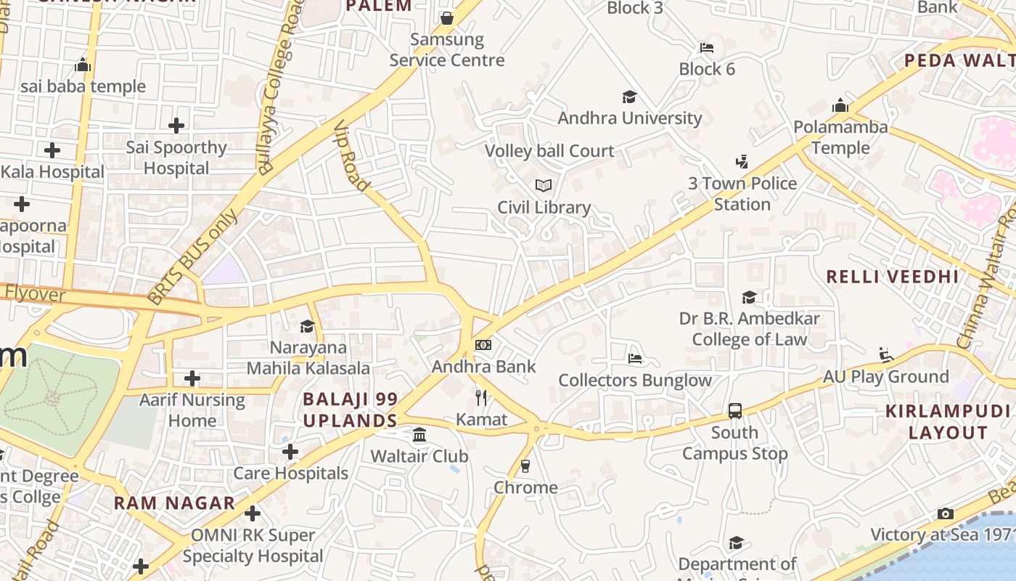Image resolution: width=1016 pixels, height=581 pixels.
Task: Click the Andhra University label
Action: [629, 118]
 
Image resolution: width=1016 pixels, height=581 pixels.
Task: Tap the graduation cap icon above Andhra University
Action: [629, 97]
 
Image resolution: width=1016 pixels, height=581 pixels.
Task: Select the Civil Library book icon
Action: [544, 186]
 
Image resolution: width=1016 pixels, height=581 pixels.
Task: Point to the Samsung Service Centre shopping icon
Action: [447, 17]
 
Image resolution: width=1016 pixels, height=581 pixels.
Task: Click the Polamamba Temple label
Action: [840, 137]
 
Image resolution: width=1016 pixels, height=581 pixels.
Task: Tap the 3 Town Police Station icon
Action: [742, 161]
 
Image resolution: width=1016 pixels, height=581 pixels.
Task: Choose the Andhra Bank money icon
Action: [483, 345]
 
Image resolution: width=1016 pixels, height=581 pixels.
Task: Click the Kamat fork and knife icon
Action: [481, 397]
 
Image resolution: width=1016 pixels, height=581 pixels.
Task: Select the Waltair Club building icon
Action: [419, 435]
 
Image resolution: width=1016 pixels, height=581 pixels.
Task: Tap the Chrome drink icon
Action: [525, 466]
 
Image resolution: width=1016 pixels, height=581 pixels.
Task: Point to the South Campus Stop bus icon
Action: [735, 411]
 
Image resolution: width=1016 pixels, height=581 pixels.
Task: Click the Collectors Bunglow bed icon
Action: [635, 359]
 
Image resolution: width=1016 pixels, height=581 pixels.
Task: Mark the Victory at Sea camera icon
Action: [945, 513]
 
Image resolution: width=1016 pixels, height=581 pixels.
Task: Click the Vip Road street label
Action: [352, 156]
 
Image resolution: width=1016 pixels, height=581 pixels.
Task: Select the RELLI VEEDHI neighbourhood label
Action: [893, 277]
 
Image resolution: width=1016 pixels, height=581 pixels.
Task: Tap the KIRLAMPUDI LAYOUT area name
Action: [938, 422]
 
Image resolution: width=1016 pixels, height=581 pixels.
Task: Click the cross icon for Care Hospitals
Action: [290, 452]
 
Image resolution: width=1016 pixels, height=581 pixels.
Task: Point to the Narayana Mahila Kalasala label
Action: [308, 358]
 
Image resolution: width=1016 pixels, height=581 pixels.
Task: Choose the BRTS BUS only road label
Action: [192, 256]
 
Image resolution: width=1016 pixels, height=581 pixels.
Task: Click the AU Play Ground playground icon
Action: [886, 354]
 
